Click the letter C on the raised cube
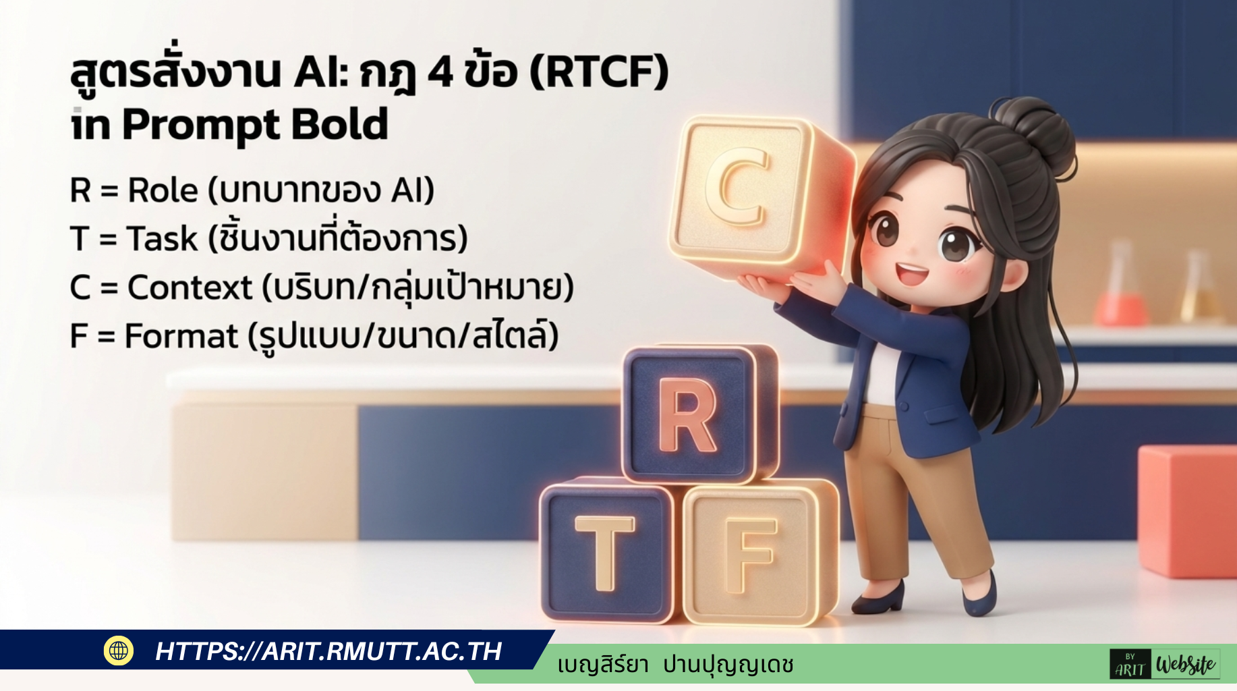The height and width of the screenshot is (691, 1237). coord(737,188)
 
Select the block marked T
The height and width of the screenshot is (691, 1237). coord(605,551)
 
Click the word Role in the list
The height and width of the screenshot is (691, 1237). coord(163,190)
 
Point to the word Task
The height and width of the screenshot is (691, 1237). coord(162,239)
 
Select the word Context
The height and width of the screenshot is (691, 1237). coord(190,287)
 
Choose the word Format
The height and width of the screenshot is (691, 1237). coord(181,336)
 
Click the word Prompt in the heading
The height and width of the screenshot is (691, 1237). coord(200,126)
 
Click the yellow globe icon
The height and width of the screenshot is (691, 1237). coord(119,651)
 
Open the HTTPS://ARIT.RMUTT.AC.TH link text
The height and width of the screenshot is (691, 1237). coord(328,651)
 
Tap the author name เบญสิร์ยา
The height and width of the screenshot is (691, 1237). coord(602,665)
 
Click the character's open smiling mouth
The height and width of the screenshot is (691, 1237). coord(911,274)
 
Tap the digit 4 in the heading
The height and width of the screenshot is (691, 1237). coord(440,72)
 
